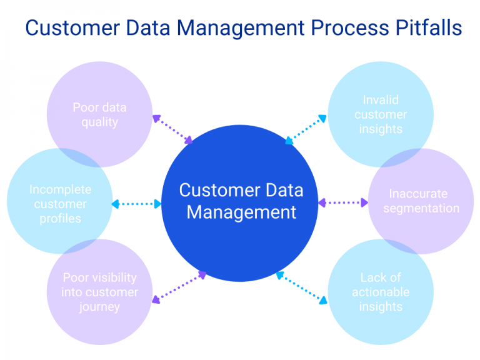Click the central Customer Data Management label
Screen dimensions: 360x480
(x=241, y=201)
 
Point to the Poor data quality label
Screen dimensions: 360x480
(x=99, y=114)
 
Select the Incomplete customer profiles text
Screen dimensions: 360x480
(x=60, y=204)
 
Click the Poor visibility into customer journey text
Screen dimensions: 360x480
(x=99, y=292)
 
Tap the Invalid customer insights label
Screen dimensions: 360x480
(x=381, y=114)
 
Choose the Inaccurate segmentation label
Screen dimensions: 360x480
(x=421, y=201)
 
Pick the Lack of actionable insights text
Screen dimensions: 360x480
(x=381, y=292)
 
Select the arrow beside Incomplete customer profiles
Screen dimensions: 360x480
(x=136, y=204)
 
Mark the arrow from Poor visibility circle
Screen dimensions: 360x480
(x=179, y=287)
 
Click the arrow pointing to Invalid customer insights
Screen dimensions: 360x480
(x=306, y=129)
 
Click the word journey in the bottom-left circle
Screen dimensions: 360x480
(x=99, y=306)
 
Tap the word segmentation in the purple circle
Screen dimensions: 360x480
(x=421, y=208)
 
